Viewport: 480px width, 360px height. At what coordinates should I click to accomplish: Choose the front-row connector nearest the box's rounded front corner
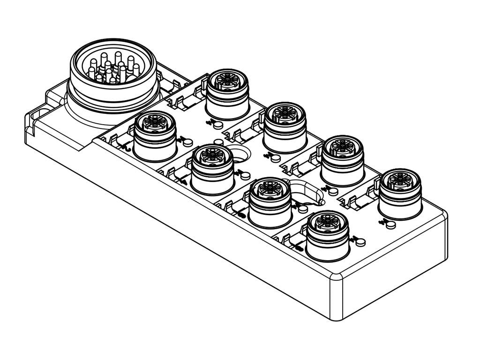point(327,234)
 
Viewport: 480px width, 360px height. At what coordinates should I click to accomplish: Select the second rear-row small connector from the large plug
point(285,127)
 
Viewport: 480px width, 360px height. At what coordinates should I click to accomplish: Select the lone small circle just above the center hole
point(217,142)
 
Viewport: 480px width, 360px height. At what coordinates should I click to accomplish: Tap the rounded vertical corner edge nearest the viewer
point(334,300)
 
